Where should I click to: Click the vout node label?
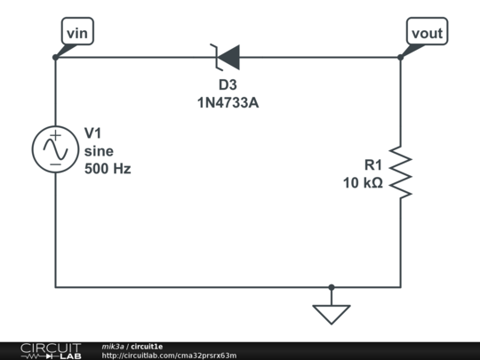click(x=428, y=32)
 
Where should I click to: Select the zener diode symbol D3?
click(x=228, y=58)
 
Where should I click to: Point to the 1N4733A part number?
click(x=228, y=103)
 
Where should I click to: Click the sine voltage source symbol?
click(x=55, y=148)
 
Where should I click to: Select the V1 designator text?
click(x=94, y=132)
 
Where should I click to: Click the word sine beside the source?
click(x=100, y=150)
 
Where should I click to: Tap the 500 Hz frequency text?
click(x=107, y=168)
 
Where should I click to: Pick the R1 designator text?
click(x=373, y=164)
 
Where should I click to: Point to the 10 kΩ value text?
click(x=363, y=183)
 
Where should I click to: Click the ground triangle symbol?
click(x=332, y=314)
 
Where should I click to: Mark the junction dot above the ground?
click(x=332, y=287)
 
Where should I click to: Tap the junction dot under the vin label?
click(x=55, y=58)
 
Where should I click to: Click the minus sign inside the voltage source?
click(x=55, y=162)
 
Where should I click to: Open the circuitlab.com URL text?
click(x=169, y=356)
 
